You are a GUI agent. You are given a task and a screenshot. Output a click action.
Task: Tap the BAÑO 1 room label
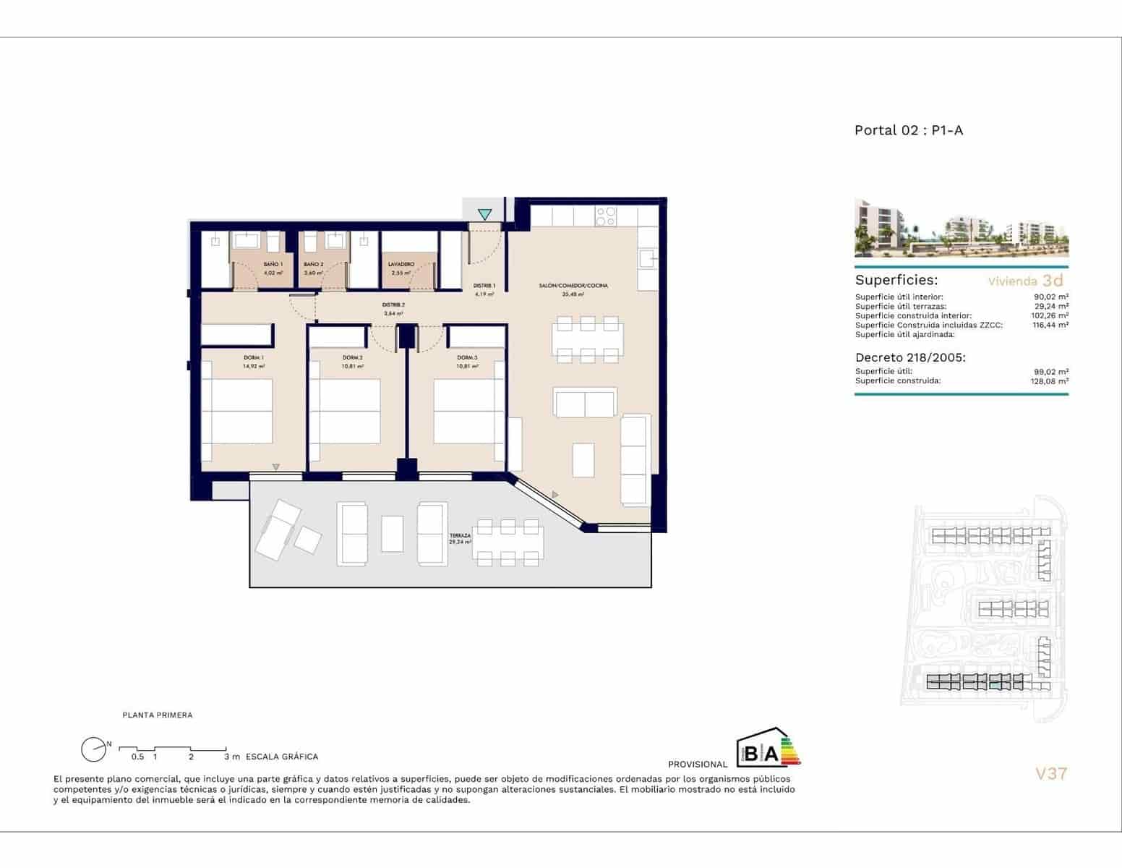pyautogui.click(x=273, y=265)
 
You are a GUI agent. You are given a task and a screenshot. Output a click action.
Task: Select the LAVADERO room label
pyautogui.click(x=401, y=265)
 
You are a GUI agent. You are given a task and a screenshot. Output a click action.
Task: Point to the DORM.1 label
pyautogui.click(x=254, y=358)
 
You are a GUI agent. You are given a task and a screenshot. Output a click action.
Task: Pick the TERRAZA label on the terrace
pyautogui.click(x=460, y=536)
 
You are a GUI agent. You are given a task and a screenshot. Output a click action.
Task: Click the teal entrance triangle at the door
pyautogui.click(x=484, y=215)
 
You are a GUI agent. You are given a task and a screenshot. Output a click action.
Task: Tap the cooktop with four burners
pyautogui.click(x=606, y=216)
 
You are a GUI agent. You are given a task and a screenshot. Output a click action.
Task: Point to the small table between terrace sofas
pyautogui.click(x=392, y=534)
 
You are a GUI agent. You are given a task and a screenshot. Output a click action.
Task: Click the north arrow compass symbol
pyautogui.click(x=93, y=750)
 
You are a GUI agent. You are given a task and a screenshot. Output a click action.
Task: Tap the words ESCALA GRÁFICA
pyautogui.click(x=282, y=757)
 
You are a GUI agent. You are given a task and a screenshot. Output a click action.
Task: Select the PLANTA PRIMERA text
pyautogui.click(x=158, y=715)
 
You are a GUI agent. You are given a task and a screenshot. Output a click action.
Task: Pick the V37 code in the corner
pyautogui.click(x=1051, y=773)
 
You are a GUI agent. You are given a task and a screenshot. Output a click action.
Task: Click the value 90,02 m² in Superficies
pyautogui.click(x=1051, y=297)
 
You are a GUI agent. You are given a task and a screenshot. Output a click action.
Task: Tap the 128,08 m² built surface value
pyautogui.click(x=1050, y=380)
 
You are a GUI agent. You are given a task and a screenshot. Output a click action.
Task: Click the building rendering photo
pyautogui.click(x=962, y=229)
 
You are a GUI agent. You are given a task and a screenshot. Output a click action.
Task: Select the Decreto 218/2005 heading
pyautogui.click(x=910, y=357)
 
